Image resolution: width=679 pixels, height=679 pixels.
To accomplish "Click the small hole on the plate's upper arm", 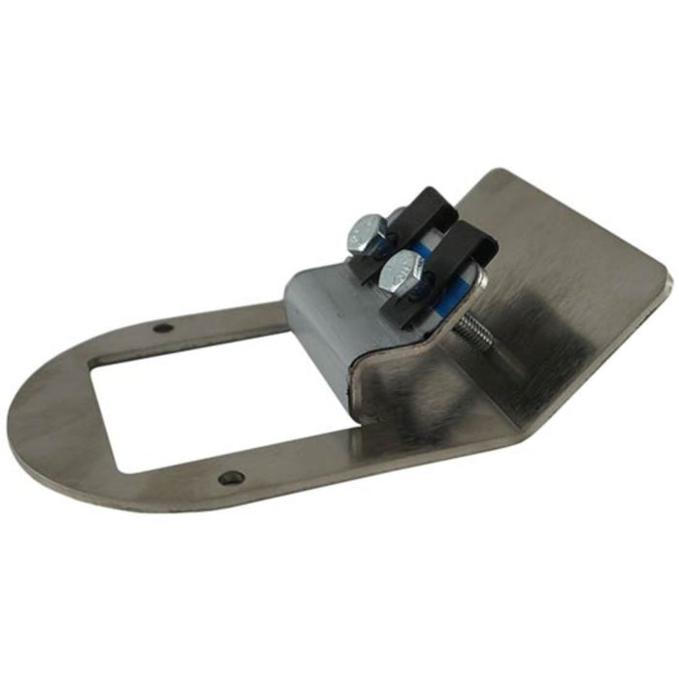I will point(164,328).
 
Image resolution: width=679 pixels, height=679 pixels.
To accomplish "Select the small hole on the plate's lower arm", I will point(230,477).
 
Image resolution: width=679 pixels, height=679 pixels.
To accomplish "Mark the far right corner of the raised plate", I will point(667,281).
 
